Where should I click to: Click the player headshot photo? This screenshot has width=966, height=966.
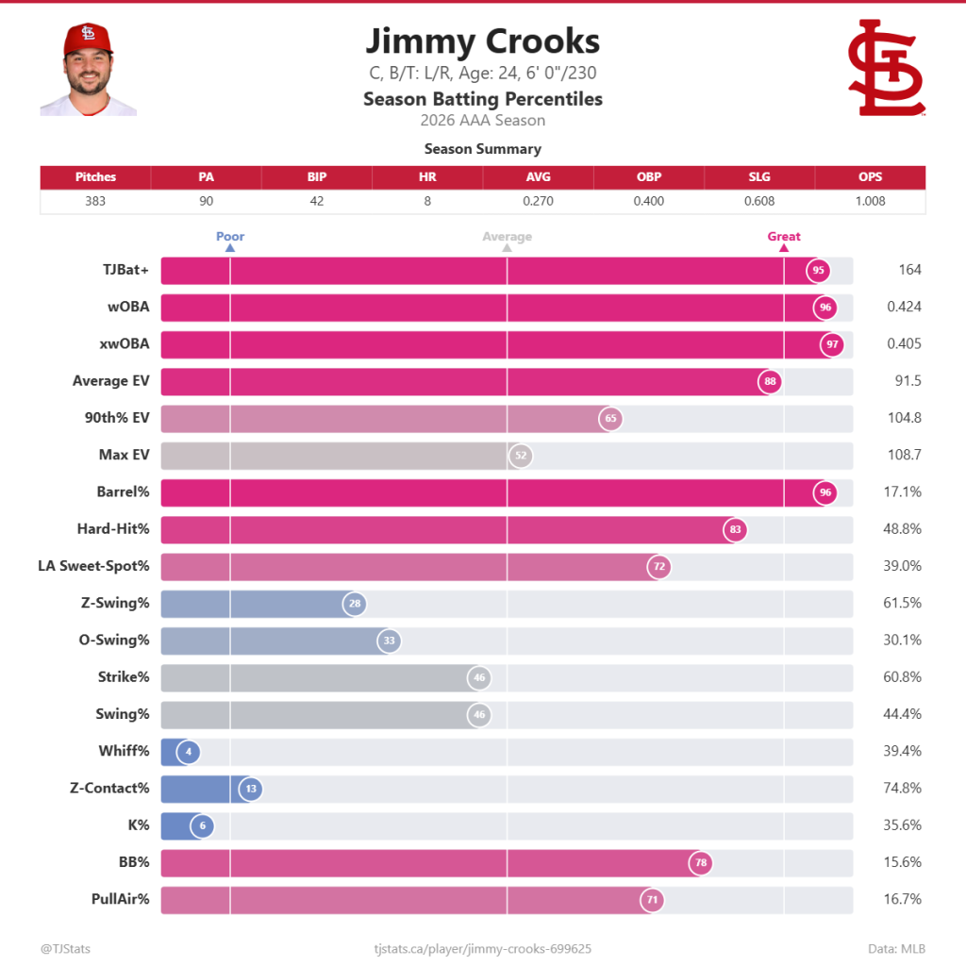[x=88, y=70]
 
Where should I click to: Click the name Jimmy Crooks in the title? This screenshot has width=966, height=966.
[x=482, y=42]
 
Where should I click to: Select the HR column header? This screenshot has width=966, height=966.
[x=427, y=176]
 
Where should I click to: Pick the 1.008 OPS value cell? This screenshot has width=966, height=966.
[x=870, y=201]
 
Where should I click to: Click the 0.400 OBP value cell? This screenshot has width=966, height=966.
[x=649, y=201]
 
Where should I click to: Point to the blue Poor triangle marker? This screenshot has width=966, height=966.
[x=230, y=248]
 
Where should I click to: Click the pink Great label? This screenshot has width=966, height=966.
[x=784, y=237]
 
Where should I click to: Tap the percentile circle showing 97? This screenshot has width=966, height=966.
[x=832, y=344]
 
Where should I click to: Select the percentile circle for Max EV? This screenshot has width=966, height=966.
[x=520, y=456]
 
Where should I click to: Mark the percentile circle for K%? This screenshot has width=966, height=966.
[x=202, y=826]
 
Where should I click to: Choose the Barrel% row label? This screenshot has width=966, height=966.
[x=123, y=491]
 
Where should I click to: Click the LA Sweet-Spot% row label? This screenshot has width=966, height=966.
[x=93, y=566]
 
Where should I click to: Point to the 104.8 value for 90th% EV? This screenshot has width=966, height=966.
[x=904, y=418]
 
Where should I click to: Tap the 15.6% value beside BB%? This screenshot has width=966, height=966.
[x=904, y=862]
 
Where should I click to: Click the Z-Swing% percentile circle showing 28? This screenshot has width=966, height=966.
[x=354, y=604]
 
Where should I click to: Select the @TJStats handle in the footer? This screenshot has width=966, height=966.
[x=66, y=948]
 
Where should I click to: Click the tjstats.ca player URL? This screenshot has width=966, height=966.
[x=482, y=948]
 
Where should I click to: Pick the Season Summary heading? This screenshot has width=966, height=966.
[x=482, y=149]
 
